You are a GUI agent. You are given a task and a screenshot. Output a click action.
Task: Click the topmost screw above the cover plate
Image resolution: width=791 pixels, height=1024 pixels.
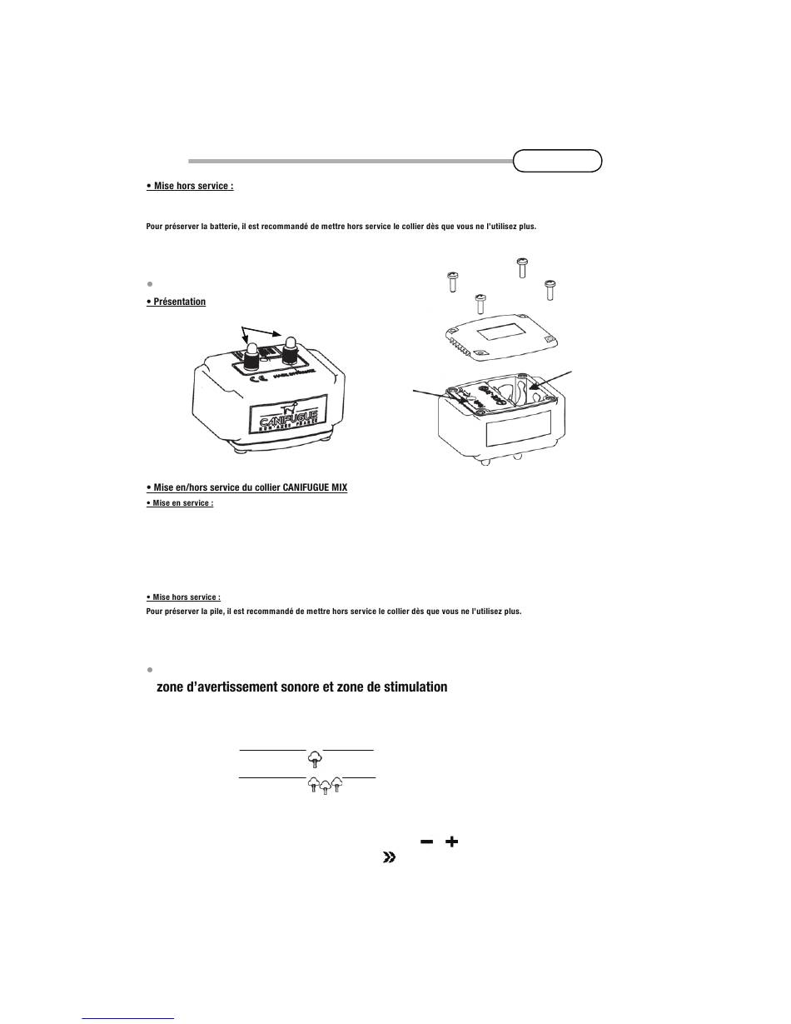coord(522,267)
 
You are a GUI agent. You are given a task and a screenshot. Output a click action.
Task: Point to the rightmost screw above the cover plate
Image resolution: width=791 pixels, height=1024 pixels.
coord(550,289)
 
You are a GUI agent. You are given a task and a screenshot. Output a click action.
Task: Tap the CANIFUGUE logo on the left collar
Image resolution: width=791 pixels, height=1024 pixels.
coord(288,417)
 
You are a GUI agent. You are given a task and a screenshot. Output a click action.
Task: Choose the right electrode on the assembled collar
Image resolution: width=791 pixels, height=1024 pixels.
coord(291,349)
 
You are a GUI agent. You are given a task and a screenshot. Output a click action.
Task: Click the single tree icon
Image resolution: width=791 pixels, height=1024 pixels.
coord(314,758)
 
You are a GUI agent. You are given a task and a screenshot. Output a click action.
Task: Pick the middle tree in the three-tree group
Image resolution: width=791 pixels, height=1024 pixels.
coord(325,786)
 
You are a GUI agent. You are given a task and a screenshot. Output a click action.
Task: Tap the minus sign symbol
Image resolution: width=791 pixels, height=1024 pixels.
coord(427,842)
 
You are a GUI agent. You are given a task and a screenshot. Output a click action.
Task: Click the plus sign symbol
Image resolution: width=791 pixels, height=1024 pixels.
coord(451,842)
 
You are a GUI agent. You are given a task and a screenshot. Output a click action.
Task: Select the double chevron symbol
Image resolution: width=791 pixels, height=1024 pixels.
coord(388,858)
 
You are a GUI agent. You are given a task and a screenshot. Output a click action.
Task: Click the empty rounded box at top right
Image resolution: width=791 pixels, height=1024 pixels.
coord(557,160)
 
